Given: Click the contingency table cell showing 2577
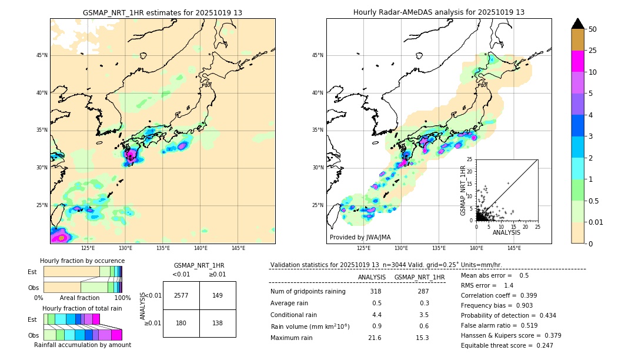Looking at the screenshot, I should [181, 295].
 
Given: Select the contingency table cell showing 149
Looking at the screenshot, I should [218, 295].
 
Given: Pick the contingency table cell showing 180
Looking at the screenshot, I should [181, 323].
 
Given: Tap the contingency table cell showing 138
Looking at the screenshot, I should [218, 323].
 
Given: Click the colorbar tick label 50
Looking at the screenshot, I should [593, 29].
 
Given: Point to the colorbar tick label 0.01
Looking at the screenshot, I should [595, 222].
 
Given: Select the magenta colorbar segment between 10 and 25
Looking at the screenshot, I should [577, 61].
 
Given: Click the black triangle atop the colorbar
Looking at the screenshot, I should [577, 24].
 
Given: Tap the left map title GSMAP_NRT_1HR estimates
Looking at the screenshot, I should [162, 12].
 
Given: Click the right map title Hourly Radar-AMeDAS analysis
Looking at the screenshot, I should [439, 12].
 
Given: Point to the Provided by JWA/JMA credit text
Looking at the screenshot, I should [360, 238].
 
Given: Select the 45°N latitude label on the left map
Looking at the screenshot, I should [42, 55].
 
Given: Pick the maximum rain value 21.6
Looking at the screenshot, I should [375, 338].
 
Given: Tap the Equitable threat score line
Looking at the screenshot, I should [507, 345].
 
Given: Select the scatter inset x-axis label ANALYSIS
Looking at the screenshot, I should [506, 232].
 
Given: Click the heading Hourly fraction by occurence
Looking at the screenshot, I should [82, 261].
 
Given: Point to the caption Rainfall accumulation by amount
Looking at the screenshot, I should [82, 345].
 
